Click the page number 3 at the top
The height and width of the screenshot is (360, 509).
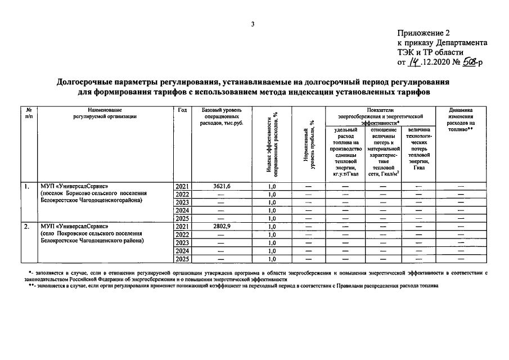click(x=254, y=24)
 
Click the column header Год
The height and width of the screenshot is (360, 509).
click(x=182, y=110)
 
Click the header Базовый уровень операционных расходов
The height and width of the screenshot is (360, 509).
click(x=222, y=116)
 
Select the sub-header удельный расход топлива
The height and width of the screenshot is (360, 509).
click(x=345, y=152)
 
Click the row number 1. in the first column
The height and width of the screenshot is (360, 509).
click(x=26, y=186)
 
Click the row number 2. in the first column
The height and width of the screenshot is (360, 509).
click(x=26, y=227)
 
